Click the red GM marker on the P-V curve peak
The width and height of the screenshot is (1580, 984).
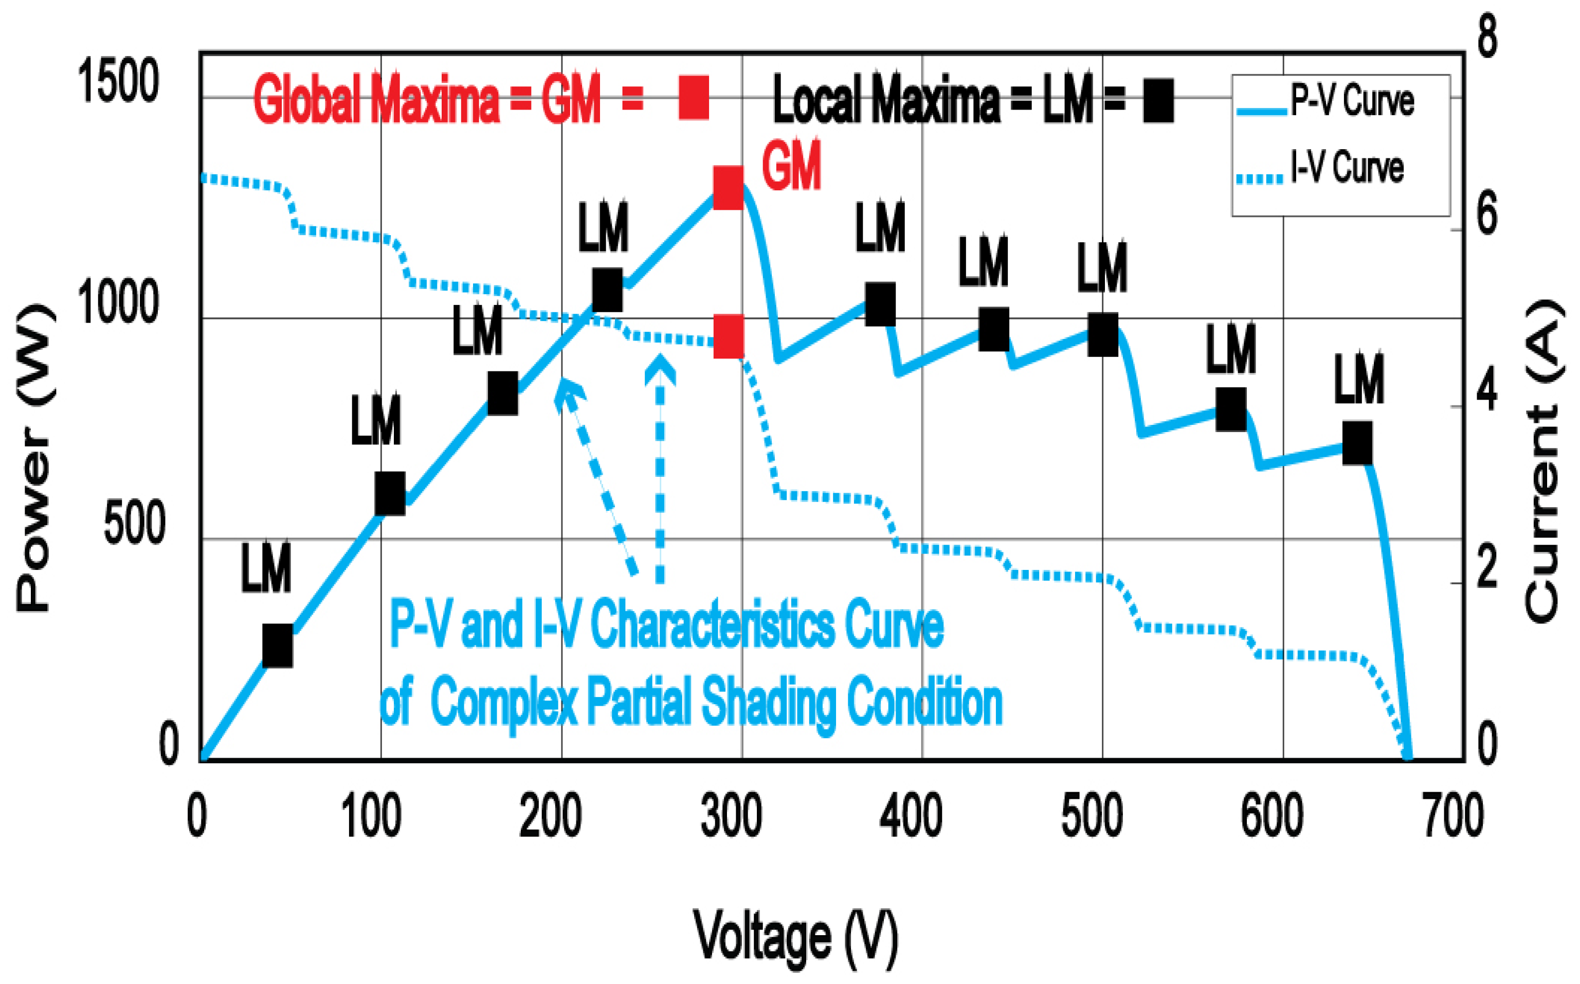pos(728,187)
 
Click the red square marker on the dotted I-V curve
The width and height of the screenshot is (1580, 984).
pos(728,337)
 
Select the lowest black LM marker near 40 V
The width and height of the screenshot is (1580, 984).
pos(277,646)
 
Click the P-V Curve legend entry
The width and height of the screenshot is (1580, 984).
pos(1327,102)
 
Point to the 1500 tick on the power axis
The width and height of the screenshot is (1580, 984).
pos(118,81)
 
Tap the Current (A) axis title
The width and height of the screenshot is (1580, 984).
pos(1543,462)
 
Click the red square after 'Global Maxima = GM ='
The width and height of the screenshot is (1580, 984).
pos(694,98)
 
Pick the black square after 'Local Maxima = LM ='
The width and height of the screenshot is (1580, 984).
pos(1158,101)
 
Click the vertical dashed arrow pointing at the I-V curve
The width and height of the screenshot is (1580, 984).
pos(660,469)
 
